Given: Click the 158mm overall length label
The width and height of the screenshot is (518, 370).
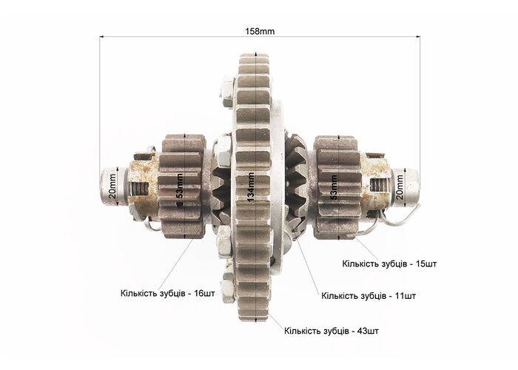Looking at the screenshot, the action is (x=260, y=31).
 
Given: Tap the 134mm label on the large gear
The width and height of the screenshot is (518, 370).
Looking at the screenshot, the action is (x=251, y=187).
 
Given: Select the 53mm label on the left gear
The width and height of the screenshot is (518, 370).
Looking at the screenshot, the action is (x=179, y=186).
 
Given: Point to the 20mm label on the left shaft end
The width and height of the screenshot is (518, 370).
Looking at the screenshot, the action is (x=112, y=186).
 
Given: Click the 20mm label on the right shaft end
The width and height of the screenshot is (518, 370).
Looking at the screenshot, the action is (x=400, y=187).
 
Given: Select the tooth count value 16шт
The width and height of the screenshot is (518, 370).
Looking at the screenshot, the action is (x=205, y=293).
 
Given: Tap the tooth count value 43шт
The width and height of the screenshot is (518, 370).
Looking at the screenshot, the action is (x=368, y=330).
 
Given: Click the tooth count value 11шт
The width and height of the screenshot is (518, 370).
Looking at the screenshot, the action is (x=406, y=295).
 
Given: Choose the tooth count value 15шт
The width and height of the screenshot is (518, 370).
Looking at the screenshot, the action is (x=426, y=263).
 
